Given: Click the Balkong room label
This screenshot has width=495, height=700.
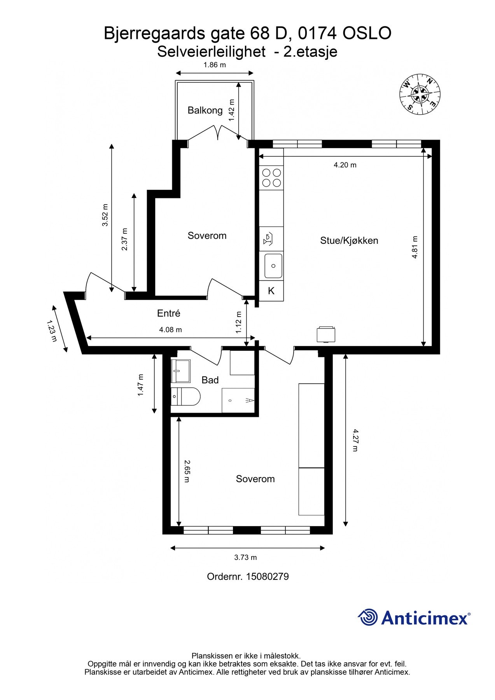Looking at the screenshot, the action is [x=205, y=110].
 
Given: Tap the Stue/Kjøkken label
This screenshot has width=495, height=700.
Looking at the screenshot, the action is [x=349, y=241].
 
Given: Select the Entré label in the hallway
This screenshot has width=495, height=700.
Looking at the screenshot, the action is [x=169, y=313].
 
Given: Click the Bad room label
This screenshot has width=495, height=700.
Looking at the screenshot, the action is [x=210, y=380].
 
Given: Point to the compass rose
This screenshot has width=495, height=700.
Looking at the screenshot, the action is [x=420, y=94].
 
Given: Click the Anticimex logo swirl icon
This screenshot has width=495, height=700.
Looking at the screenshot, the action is [x=368, y=617].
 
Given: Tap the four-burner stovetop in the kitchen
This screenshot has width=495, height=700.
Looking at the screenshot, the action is [x=271, y=177].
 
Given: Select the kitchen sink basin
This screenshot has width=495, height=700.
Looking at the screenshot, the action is [x=273, y=266].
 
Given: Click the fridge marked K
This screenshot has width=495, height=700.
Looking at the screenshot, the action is [x=271, y=291].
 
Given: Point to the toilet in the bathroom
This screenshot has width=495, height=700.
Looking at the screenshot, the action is [x=185, y=397].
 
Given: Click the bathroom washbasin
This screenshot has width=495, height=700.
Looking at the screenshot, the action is [x=181, y=371].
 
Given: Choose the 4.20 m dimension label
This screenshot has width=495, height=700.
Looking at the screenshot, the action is [x=345, y=165].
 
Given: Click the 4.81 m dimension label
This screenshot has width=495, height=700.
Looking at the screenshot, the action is [x=415, y=247].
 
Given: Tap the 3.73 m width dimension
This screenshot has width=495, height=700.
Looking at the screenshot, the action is [x=245, y=557].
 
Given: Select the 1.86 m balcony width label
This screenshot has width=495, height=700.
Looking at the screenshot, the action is [x=215, y=65].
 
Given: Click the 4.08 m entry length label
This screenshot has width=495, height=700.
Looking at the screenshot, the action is [x=170, y=330].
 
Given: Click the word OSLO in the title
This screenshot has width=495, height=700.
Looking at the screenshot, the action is [x=367, y=33].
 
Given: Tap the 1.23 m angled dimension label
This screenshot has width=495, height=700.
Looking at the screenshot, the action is [x=52, y=331].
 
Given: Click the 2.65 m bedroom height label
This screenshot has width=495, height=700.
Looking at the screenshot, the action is [x=187, y=471].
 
